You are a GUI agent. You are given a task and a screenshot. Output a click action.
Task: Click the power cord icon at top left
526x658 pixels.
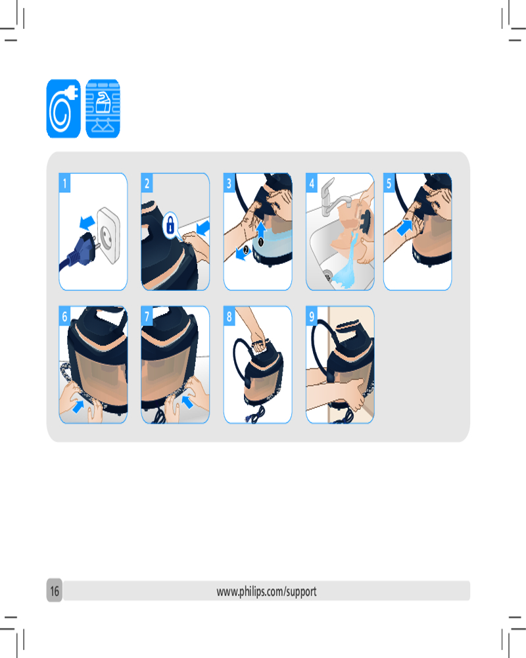point(63,109)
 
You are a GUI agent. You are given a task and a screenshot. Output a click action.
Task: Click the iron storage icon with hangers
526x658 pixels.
point(103,109)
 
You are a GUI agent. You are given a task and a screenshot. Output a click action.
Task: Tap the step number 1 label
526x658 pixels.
point(64,183)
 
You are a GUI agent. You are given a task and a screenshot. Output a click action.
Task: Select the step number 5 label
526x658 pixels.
point(389,183)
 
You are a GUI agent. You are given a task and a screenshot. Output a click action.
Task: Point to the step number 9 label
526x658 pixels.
point(312,316)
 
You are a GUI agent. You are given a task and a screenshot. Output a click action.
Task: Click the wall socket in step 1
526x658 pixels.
point(108,234)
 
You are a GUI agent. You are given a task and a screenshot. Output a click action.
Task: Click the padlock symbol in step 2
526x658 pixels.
point(170,225)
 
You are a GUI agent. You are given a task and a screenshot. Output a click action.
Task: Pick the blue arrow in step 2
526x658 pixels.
point(203,228)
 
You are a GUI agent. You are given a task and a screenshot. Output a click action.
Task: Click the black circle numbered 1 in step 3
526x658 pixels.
point(260,242)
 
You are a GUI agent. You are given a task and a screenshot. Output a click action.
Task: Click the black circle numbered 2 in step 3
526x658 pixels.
point(246,250)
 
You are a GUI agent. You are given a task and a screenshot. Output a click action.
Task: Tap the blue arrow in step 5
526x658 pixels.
point(404,228)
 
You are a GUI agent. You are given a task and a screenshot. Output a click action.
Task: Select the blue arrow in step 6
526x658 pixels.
point(78,406)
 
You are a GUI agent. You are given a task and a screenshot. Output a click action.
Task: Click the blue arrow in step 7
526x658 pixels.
point(187,403)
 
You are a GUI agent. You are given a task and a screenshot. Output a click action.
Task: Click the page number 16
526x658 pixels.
point(55,591)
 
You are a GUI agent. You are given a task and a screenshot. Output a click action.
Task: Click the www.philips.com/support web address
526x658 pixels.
point(267,592)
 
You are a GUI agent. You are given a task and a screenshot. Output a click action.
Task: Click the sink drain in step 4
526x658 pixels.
point(327,276)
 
